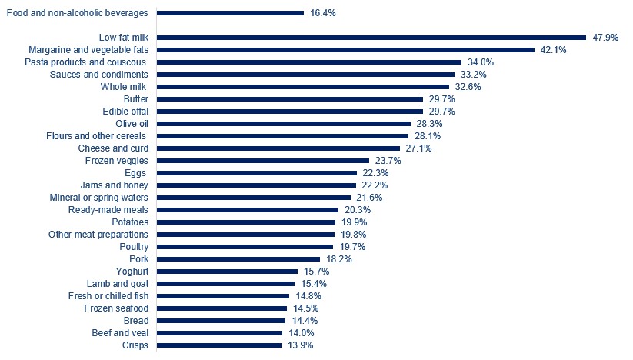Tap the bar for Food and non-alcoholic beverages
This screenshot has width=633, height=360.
[x=230, y=13]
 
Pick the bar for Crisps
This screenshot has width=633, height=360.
[x=219, y=345]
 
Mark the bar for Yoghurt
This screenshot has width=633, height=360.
[x=227, y=272]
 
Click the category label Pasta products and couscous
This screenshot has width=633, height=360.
[x=86, y=62]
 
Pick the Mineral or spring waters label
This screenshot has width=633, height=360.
[x=98, y=198]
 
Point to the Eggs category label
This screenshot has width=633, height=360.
[x=136, y=173]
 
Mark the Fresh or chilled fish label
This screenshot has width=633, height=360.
[x=102, y=296]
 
